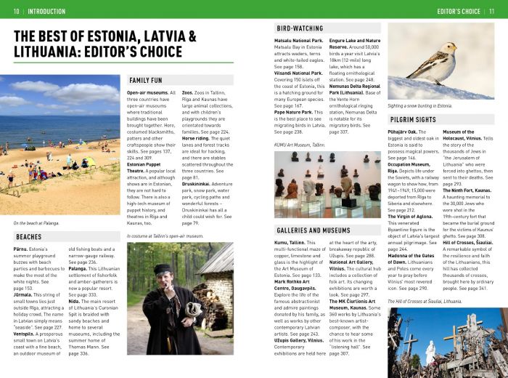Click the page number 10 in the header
[x=16, y=11]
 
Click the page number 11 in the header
[x=491, y=11]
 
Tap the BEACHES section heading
[x=29, y=236]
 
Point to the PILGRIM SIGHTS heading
[x=413, y=119]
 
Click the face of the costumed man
[x=162, y=276]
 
